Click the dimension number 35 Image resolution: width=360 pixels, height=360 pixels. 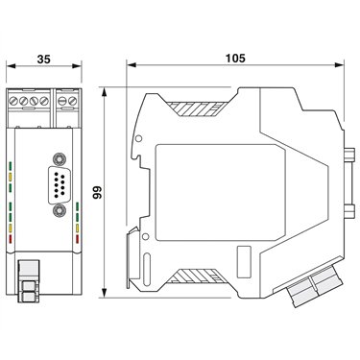[x=43, y=60]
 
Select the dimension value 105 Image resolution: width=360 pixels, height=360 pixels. [x=235, y=59]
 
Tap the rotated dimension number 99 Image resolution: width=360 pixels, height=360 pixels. [x=97, y=192]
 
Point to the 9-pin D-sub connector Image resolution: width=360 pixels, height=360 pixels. [x=59, y=184]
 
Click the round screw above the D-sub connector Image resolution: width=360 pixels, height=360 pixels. [x=60, y=158]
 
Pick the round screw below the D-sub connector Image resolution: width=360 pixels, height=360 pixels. [x=60, y=210]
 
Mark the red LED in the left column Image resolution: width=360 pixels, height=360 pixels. [x=11, y=238]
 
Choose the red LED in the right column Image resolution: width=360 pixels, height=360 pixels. [x=77, y=238]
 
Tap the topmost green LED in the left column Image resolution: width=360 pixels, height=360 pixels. [x=11, y=166]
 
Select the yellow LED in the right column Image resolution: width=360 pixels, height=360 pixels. [x=77, y=228]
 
